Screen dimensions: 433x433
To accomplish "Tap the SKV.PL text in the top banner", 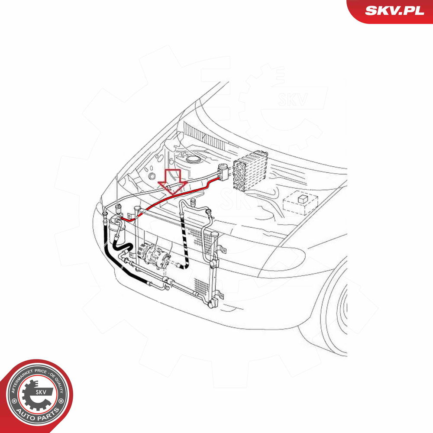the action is click(x=394, y=11).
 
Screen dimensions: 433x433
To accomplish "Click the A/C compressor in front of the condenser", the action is click(x=153, y=255).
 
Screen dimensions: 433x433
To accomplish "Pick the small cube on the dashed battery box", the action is click(x=303, y=199).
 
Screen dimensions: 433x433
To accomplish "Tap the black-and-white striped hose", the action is click(x=184, y=243).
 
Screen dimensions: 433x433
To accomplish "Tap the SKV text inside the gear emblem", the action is click(x=41, y=392).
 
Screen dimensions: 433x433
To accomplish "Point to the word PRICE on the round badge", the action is click(x=41, y=372).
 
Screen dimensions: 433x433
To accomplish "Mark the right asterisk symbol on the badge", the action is click(x=61, y=401).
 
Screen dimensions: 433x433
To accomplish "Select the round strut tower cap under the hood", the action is click(x=192, y=159).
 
